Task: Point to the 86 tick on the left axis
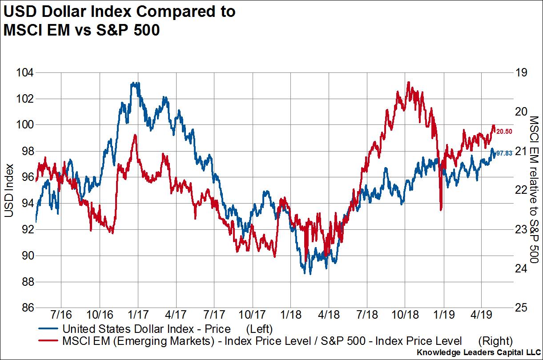tap(25, 308)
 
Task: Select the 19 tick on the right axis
tap(520, 72)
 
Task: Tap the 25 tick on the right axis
tap(520, 308)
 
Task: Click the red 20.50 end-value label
tap(504, 132)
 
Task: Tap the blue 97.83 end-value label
tap(504, 153)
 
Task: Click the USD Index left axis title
tap(8, 191)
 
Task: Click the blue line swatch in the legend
tap(47, 329)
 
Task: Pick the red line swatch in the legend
tap(47, 341)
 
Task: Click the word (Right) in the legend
tap(495, 341)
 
